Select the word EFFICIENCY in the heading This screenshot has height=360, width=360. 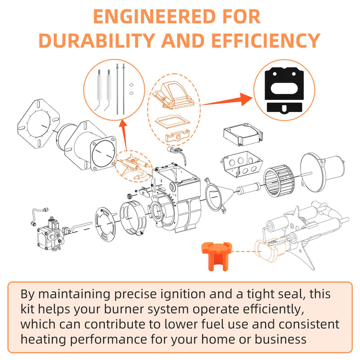point(265,40)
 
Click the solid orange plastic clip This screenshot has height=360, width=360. point(216,256)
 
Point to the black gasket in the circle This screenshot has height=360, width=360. point(284,91)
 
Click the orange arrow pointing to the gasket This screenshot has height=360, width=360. point(226,100)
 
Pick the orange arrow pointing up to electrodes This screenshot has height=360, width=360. point(124,135)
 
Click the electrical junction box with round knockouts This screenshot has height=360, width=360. point(242,164)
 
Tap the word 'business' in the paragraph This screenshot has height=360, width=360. point(280,339)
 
